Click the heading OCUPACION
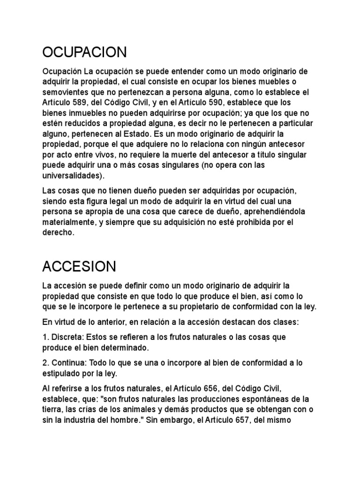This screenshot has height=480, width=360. [84, 52]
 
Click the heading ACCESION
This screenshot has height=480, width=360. [79, 266]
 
